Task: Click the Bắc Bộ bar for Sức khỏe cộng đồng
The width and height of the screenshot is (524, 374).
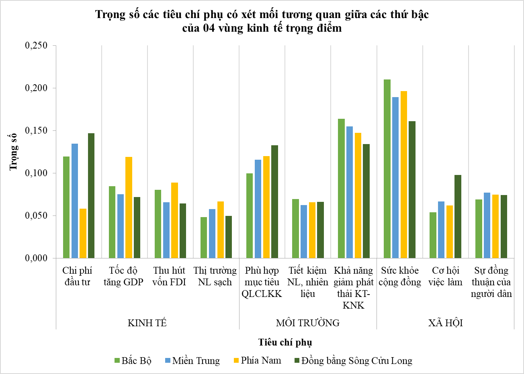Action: pos(387,169)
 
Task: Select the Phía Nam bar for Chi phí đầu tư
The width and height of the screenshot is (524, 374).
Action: pos(83,233)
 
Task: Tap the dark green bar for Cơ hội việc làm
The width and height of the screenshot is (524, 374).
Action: pos(458,216)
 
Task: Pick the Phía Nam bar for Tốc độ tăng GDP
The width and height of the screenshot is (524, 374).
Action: pos(129,207)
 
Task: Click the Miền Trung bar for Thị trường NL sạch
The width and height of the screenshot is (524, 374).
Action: pos(212,234)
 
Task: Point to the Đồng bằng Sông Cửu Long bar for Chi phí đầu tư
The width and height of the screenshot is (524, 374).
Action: pos(91,195)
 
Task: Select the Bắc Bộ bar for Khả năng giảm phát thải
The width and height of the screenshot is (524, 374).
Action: pos(341,188)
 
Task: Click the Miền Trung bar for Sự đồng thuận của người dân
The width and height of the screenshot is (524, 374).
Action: pos(487,225)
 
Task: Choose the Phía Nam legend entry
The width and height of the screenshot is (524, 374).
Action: pos(257,360)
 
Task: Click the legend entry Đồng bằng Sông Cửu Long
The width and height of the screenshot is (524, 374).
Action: pos(353,361)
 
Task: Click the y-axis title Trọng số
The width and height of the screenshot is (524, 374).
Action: pos(14,151)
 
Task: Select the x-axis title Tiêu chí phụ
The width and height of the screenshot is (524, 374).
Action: pos(285,342)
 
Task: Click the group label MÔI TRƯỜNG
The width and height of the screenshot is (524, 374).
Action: pos(308,323)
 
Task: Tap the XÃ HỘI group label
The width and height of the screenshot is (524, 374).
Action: pos(445,323)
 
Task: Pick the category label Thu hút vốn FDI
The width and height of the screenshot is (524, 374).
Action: pos(169,276)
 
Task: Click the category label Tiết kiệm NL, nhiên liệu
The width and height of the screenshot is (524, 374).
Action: pos(308,282)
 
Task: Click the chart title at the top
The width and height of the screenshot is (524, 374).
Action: pos(262,21)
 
